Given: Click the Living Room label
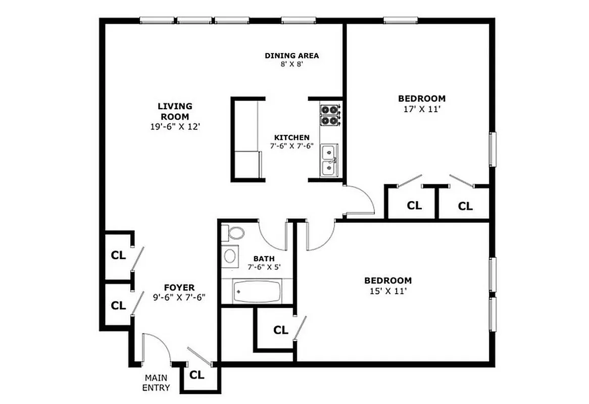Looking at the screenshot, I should click(175, 111).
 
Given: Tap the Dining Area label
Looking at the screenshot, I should click(291, 56).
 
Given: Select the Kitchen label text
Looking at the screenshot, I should click(291, 137).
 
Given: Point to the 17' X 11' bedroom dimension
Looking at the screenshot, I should click(421, 109).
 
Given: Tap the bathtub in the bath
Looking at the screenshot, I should click(257, 291).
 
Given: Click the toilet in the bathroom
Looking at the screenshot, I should click(235, 233).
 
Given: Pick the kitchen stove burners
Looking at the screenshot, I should click(330, 115).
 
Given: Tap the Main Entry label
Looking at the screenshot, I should click(156, 382).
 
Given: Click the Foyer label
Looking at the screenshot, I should click(179, 288).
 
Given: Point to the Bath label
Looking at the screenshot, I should click(264, 259).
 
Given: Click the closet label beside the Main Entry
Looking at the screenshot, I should click(197, 375).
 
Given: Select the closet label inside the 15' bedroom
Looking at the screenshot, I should click(281, 330).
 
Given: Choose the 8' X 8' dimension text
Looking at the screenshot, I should click(291, 65).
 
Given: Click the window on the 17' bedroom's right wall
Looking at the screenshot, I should click(493, 149).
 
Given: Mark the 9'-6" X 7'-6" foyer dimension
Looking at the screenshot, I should click(179, 297).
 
